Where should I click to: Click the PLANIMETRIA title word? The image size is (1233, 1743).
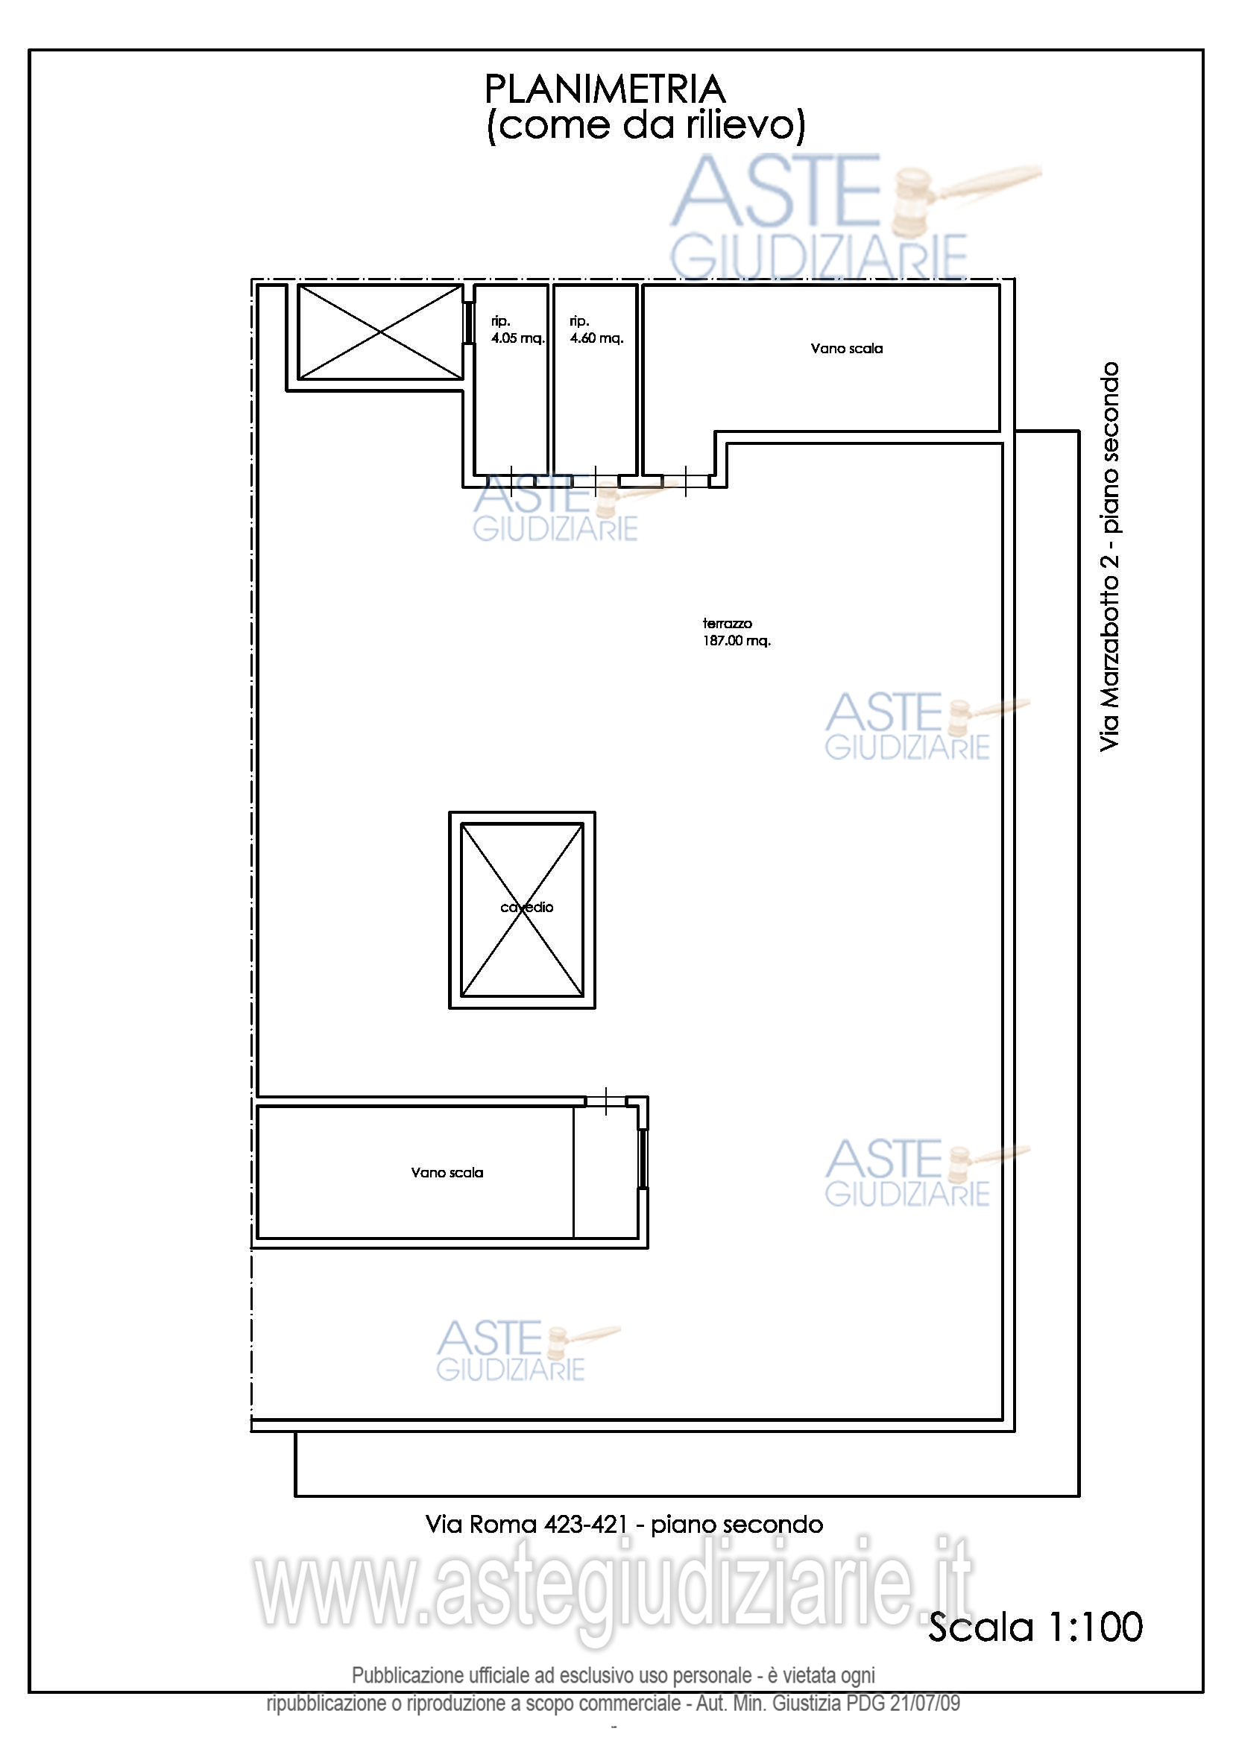point(605,89)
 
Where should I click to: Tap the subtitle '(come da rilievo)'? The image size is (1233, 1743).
point(646,125)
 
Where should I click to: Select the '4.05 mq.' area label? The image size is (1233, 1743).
point(518,338)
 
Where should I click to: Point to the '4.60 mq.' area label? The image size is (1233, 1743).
point(597,338)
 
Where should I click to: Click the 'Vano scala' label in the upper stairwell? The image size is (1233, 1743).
point(847,349)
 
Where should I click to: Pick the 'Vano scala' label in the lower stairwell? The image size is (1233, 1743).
point(447,1172)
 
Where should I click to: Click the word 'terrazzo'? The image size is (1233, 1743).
point(728,623)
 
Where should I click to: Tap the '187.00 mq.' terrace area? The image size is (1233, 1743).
point(737,641)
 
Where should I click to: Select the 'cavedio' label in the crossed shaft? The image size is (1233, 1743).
point(527,907)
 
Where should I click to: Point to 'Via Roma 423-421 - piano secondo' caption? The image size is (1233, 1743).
point(624,1525)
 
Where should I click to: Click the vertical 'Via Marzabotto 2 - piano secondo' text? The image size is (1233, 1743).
point(1109,557)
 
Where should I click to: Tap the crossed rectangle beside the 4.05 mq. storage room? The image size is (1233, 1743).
point(379,332)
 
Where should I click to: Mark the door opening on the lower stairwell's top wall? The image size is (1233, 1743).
point(606,1101)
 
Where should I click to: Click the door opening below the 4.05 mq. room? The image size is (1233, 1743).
point(511,481)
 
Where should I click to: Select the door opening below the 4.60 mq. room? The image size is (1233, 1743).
point(595,481)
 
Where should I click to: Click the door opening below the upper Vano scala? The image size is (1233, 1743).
point(686,481)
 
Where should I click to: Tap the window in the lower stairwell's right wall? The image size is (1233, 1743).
point(643,1159)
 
